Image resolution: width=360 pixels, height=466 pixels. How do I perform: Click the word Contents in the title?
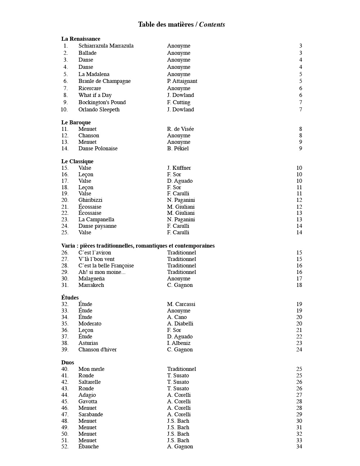tap(212, 25)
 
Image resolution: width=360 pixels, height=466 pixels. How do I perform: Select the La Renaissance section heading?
tap(81, 39)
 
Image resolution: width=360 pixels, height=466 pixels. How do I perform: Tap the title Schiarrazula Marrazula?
tap(106, 46)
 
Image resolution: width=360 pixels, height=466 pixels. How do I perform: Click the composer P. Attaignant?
tap(182, 81)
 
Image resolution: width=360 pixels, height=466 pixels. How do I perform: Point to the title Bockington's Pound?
tap(102, 102)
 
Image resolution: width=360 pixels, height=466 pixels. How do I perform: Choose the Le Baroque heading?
tap(76, 123)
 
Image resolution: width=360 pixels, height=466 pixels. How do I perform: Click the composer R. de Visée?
tap(180, 129)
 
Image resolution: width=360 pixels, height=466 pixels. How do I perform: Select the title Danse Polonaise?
tap(98, 148)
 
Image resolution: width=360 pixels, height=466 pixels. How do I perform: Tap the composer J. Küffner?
tap(179, 168)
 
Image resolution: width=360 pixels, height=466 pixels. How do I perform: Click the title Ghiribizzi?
tap(90, 200)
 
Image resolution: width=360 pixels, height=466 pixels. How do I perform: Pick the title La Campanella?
tap(96, 219)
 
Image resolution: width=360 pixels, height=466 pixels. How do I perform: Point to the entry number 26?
tap(65, 253)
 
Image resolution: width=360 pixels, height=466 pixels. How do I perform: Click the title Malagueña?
tap(92, 279)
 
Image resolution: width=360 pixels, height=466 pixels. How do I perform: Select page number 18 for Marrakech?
tap(299, 285)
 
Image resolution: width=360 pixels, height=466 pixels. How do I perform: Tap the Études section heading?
tap(70, 298)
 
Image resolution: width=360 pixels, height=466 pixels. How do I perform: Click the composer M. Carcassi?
tap(181, 304)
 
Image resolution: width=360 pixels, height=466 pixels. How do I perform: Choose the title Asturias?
tap(88, 343)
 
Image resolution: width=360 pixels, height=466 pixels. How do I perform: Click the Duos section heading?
tap(68, 363)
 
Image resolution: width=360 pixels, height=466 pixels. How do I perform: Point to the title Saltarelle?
tap(89, 382)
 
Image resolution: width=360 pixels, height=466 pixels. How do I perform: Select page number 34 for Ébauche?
tap(299, 447)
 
